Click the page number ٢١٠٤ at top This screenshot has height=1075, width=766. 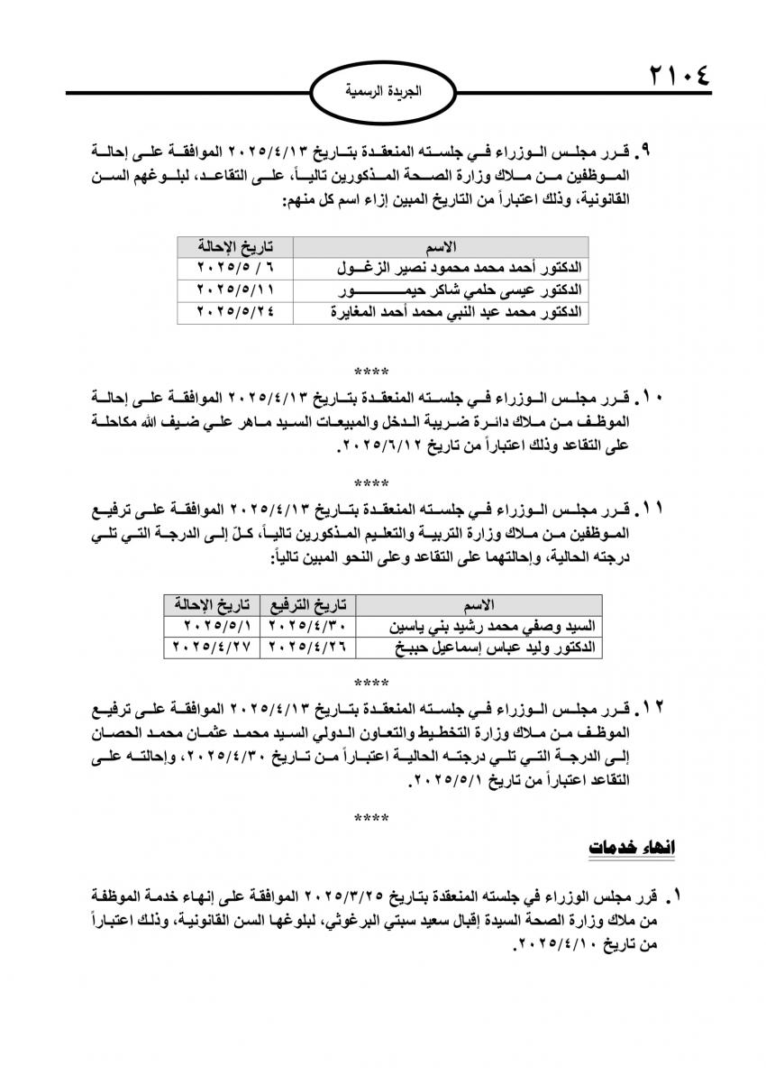(x=679, y=74)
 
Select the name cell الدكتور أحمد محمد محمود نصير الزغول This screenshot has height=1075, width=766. (x=470, y=268)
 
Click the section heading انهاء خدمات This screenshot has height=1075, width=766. (x=631, y=849)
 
